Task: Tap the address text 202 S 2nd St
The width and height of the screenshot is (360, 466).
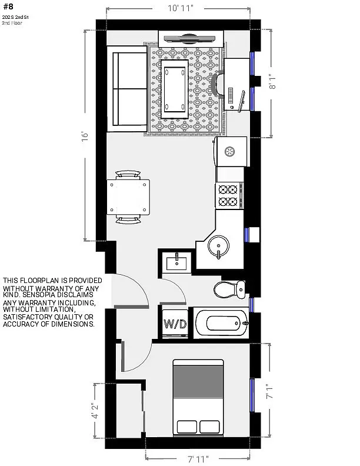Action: coord(15,18)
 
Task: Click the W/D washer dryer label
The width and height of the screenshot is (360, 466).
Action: coord(175,324)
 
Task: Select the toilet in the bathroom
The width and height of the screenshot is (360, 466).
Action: coord(229,289)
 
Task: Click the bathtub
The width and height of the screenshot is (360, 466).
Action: coord(221,322)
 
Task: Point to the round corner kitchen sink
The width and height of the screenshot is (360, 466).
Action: coord(218,246)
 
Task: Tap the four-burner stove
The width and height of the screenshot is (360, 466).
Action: coord(229,195)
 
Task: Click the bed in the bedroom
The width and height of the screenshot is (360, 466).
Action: coord(198,398)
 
